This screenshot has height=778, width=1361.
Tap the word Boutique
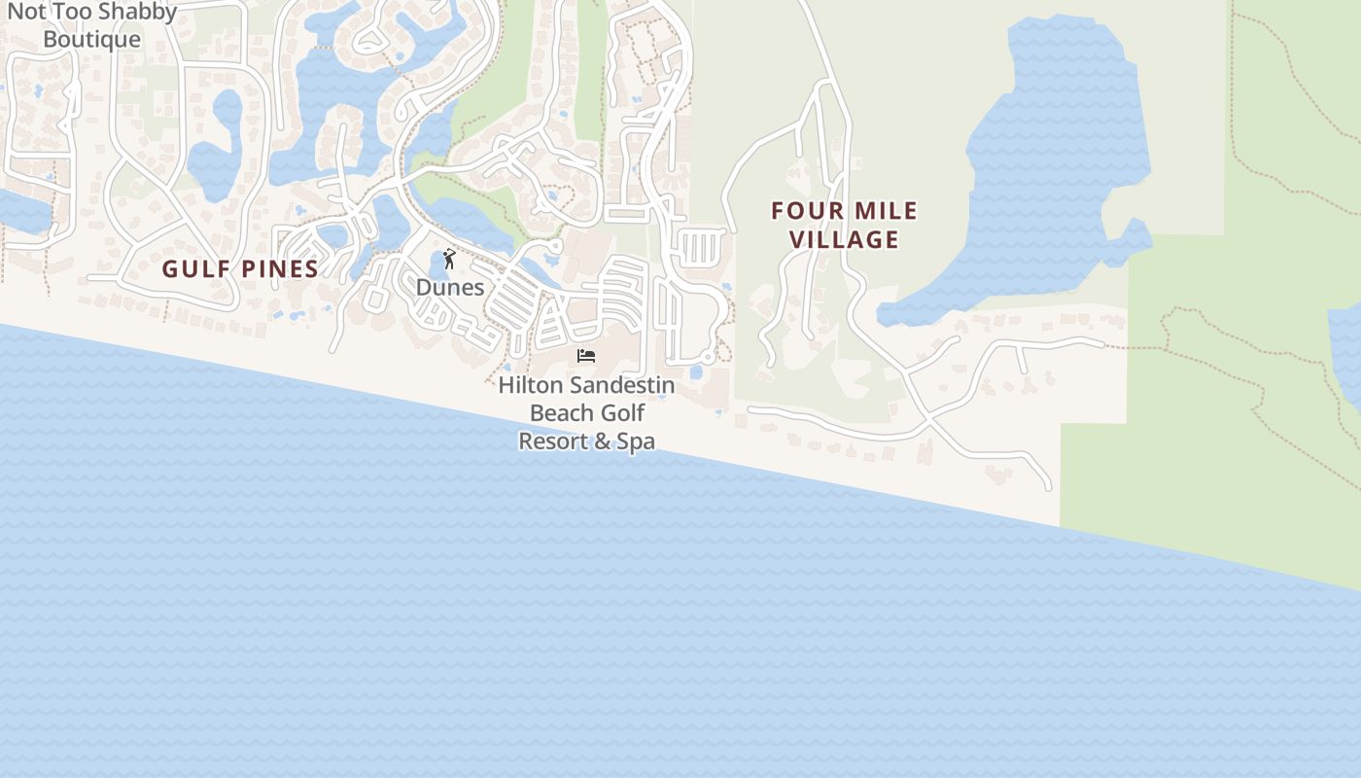coord(92,40)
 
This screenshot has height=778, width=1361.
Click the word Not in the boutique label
coord(26,13)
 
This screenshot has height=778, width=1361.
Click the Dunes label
coord(450,288)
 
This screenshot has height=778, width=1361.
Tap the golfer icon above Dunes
coord(449,259)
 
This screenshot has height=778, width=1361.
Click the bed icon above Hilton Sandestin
coord(586,356)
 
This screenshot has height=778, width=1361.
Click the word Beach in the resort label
coord(561,413)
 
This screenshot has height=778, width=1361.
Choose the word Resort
coord(552,442)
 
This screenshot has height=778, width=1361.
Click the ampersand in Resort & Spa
coord(603,442)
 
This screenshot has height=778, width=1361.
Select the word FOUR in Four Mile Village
coord(805,211)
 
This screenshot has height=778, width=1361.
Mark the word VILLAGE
coord(844,239)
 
